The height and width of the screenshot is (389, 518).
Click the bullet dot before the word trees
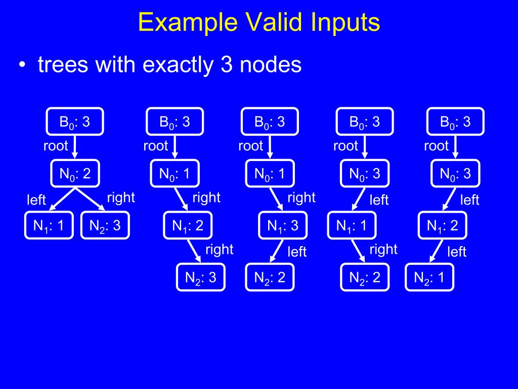pyautogui.click(x=22, y=66)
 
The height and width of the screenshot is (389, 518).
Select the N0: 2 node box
pyautogui.click(x=75, y=174)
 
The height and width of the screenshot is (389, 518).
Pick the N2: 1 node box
pyautogui.click(x=429, y=278)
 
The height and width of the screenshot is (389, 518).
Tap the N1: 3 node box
pyautogui.click(x=283, y=226)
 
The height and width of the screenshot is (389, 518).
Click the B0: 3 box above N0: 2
pyautogui.click(x=75, y=122)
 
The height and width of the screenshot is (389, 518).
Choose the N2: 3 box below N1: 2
pyautogui.click(x=200, y=278)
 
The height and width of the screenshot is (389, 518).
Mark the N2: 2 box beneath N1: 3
pyautogui.click(x=270, y=278)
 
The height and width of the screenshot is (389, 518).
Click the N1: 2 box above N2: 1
pyautogui.click(x=442, y=226)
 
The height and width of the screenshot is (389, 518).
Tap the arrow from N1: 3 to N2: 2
pyautogui.click(x=276, y=251)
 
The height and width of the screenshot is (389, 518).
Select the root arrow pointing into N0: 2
pyautogui.click(x=75, y=148)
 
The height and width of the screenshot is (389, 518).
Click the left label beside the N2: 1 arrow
pyautogui.click(x=457, y=252)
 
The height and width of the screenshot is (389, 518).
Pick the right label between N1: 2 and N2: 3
pyautogui.click(x=219, y=249)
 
